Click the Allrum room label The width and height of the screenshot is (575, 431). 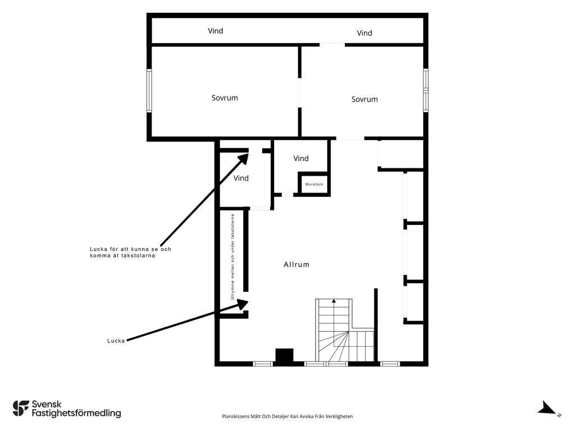(296, 264)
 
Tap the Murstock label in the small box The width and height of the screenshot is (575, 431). (314, 184)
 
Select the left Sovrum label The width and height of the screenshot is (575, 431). (225, 98)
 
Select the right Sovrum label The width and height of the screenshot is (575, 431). (364, 99)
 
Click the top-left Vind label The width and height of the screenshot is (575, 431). (215, 31)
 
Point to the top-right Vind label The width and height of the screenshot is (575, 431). (364, 33)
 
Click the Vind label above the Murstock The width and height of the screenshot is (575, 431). (301, 158)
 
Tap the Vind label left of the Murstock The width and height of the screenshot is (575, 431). (241, 178)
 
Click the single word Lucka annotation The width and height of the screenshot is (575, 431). (116, 341)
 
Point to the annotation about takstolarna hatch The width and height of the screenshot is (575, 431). (130, 252)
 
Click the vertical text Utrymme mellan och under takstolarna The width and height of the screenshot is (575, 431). (232, 257)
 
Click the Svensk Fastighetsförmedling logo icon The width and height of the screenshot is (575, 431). (21, 409)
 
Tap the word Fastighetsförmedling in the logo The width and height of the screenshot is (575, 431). (76, 413)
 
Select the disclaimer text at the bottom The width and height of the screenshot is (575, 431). (287, 416)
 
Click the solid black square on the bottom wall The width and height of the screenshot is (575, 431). (285, 356)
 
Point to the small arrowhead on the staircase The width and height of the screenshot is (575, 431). (334, 301)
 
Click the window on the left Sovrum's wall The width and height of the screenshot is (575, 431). (149, 90)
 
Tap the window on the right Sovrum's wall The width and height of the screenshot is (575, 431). (426, 90)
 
